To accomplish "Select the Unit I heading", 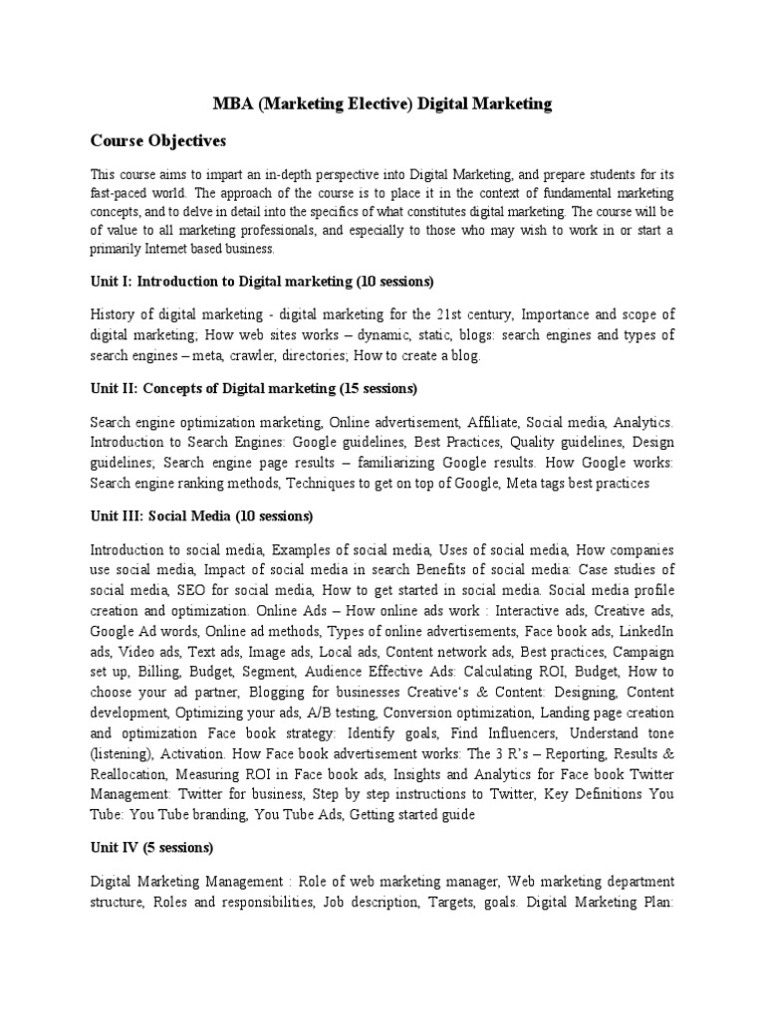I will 262,282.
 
